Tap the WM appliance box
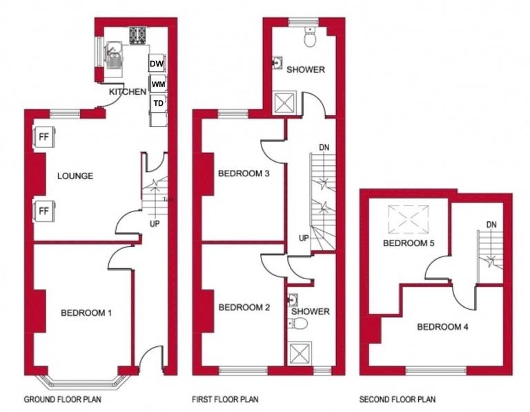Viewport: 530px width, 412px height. (x=158, y=84)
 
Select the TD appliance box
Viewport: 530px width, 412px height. (x=158, y=103)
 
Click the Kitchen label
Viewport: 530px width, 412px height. (x=128, y=91)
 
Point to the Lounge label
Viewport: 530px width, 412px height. (x=75, y=176)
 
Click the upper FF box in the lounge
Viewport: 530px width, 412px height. (x=43, y=135)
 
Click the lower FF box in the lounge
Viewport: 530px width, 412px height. (x=43, y=210)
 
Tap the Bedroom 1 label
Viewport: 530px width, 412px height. (x=86, y=313)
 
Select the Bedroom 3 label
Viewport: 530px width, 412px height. (x=244, y=174)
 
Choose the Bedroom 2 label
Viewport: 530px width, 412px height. (x=244, y=308)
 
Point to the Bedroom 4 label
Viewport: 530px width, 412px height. (x=442, y=326)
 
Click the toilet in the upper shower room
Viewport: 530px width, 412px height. (x=310, y=41)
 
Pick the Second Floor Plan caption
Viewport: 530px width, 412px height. (x=397, y=400)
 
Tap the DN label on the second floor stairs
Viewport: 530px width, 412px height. (x=491, y=224)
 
